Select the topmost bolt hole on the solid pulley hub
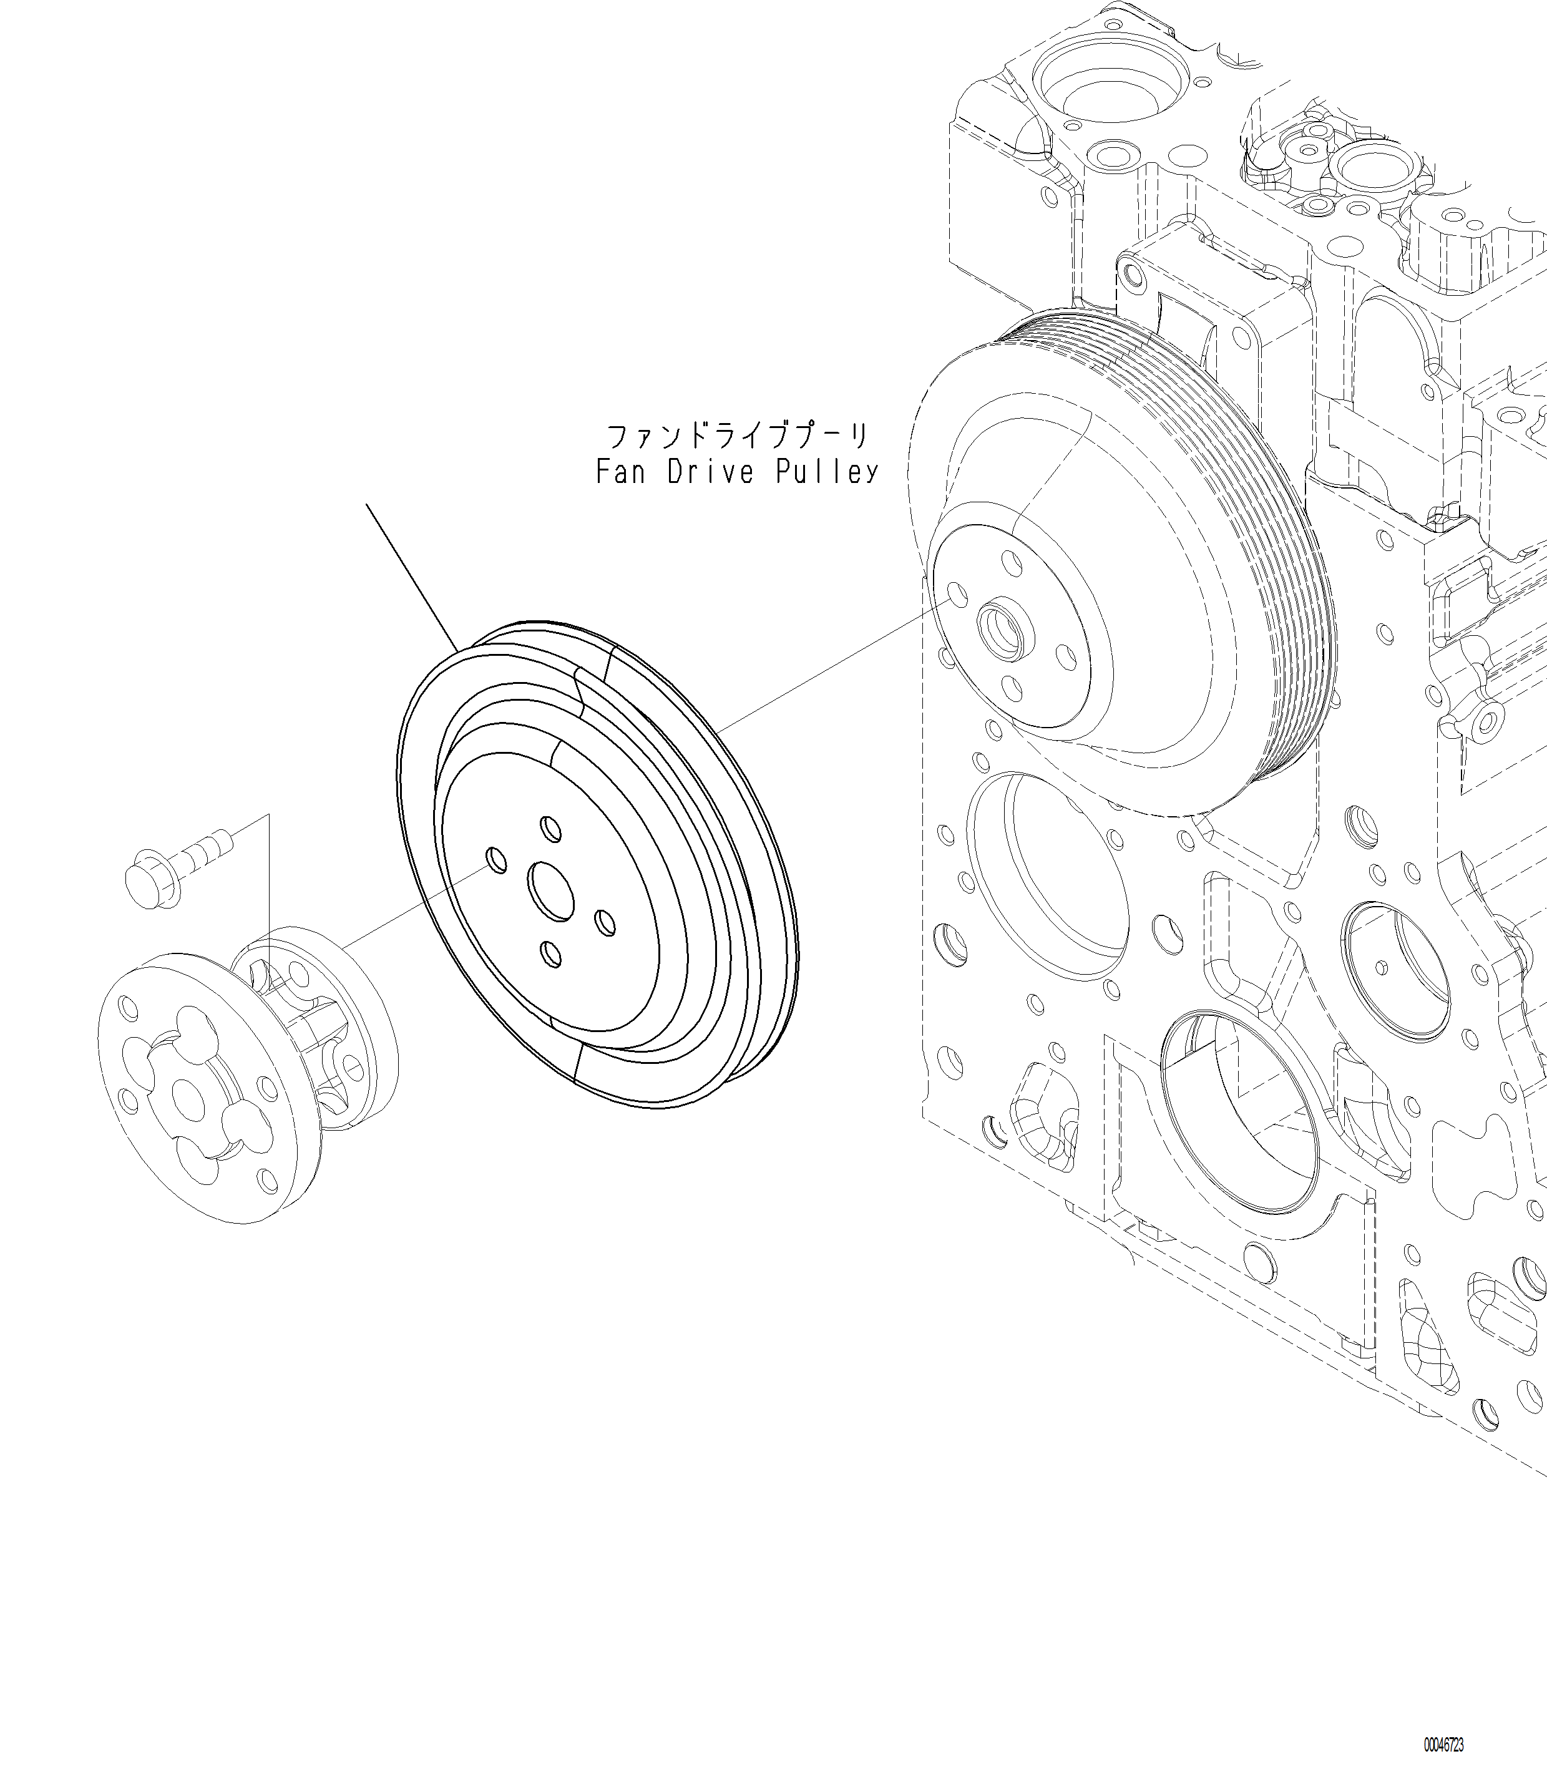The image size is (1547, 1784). pos(550,827)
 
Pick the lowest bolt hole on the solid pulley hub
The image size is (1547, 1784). pos(550,953)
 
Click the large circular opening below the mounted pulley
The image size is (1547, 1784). pos(1049,876)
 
